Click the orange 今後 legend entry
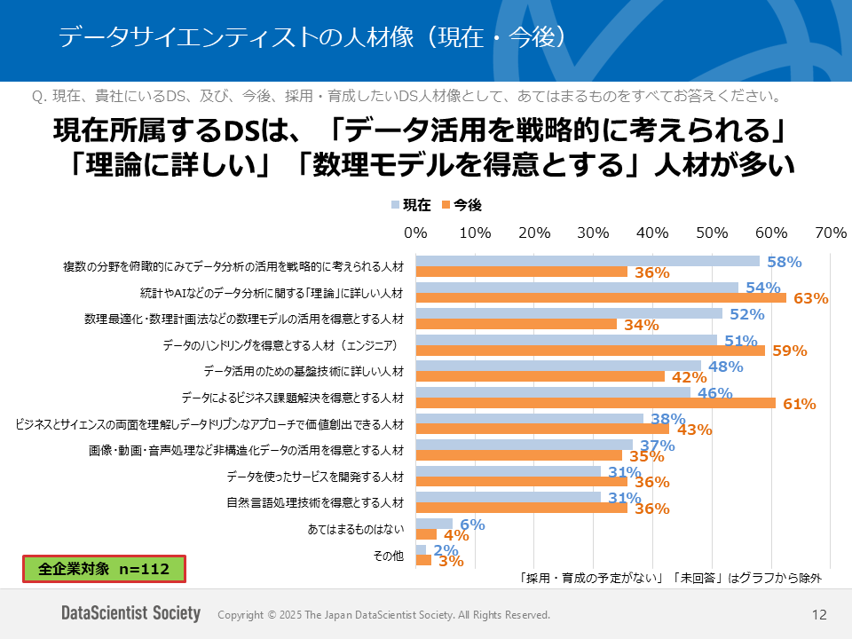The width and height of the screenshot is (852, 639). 461,205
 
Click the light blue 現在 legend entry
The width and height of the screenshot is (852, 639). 412,205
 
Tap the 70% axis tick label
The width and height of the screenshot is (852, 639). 830,233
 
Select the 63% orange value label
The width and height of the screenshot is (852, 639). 810,298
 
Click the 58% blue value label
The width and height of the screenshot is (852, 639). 784,262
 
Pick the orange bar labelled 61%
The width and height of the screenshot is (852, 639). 596,403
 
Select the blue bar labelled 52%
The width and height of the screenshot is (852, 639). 569,313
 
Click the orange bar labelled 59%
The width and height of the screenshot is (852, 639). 590,351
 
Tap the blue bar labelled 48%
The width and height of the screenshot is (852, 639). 558,366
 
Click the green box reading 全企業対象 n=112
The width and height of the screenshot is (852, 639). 104,569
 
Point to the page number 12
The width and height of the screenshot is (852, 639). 819,614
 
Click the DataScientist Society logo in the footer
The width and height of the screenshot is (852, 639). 130,614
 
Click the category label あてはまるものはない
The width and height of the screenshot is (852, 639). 356,529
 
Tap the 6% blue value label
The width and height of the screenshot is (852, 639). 472,525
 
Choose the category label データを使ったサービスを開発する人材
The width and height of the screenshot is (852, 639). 315,477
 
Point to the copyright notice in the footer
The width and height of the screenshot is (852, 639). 383,615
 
